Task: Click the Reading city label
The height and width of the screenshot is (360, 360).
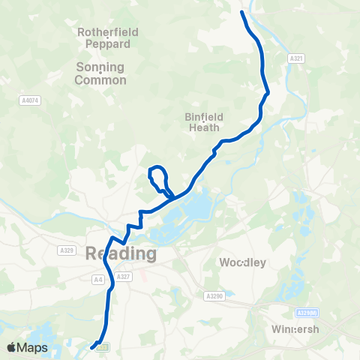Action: click(121, 253)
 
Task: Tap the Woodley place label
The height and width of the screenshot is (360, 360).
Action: click(242, 262)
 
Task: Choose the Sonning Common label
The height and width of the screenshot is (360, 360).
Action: click(101, 73)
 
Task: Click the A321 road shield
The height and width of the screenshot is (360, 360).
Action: click(295, 57)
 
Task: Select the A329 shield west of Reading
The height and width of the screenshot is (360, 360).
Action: click(67, 249)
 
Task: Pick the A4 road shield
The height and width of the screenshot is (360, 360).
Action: click(97, 279)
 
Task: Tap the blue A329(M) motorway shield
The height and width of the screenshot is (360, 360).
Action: click(307, 313)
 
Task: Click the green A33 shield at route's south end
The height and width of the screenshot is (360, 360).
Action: click(103, 346)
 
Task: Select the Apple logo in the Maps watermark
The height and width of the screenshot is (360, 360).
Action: click(12, 348)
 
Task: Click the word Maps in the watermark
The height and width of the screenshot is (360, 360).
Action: click(32, 348)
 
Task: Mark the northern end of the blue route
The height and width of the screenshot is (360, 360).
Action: click(241, 12)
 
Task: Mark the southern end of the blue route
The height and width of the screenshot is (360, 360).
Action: click(92, 347)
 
